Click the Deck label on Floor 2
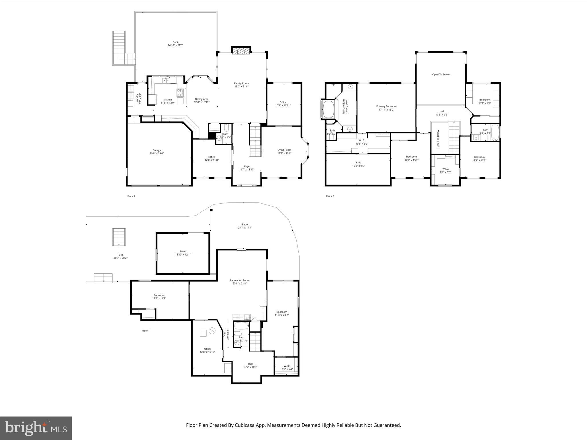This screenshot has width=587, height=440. tap(175, 42)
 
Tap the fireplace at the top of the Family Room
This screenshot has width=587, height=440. tap(241, 51)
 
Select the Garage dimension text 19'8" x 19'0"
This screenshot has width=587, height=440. tap(156, 153)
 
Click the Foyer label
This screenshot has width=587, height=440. tap(247, 166)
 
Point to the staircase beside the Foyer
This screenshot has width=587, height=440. tap(255, 140)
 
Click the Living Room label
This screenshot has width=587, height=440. tap(284, 150)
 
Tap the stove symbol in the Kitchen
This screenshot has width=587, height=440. tap(180, 92)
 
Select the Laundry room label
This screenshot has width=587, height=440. tap(138, 99)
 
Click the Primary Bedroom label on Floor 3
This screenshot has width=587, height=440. tap(386, 106)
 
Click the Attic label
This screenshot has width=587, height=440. tap(358, 162)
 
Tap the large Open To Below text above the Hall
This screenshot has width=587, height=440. tap(441, 74)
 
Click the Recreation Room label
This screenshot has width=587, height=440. tap(240, 280)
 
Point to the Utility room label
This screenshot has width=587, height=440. tap(208, 349)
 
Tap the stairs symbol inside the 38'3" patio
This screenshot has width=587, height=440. tap(119, 237)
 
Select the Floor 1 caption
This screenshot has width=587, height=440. tap(146, 331)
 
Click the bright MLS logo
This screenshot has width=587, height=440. tap(36, 428)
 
